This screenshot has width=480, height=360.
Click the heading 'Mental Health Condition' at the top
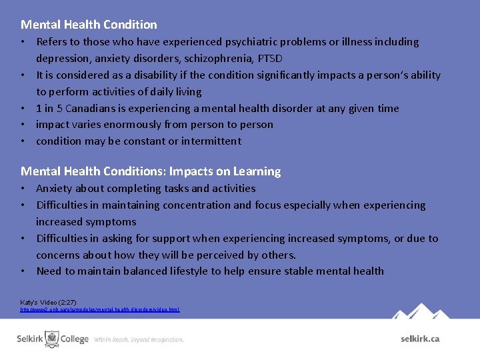coord(89,25)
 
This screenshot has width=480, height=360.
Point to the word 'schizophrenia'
coord(213,59)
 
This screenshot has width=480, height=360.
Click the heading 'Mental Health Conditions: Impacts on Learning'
coord(151,171)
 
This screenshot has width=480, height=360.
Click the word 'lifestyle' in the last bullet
coord(187,271)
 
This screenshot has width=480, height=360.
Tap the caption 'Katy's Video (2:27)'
coord(48,302)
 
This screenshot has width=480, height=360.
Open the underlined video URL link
coord(100,310)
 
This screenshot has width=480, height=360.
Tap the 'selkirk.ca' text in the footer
coord(420,339)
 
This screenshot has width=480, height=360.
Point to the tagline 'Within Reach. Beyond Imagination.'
coord(139,339)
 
